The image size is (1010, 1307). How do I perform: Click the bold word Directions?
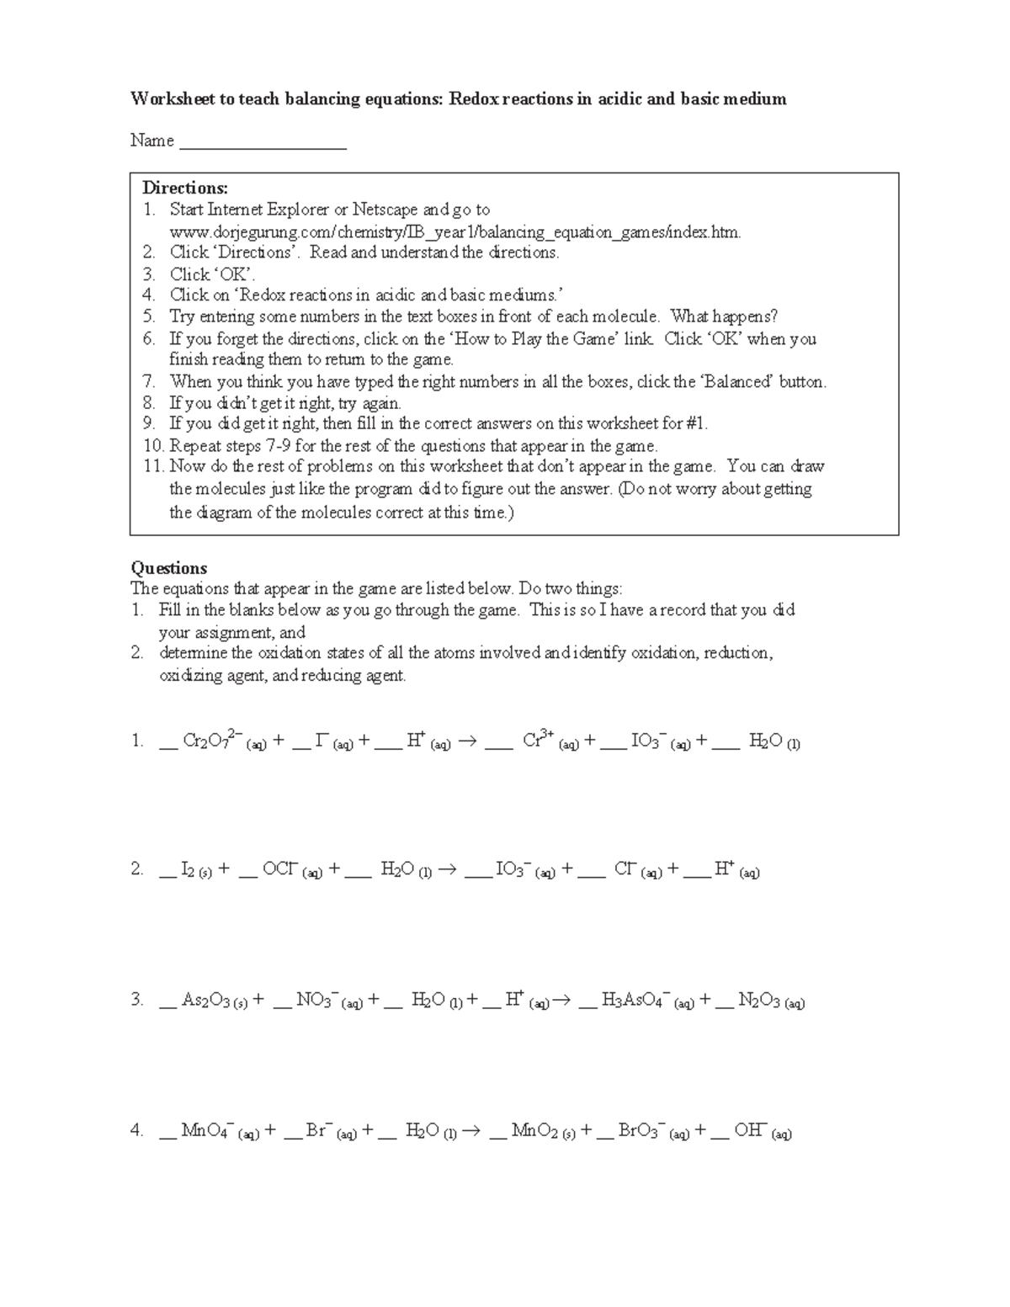tap(183, 188)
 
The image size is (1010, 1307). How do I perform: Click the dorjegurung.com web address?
tap(454, 231)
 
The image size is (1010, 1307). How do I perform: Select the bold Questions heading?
tap(169, 567)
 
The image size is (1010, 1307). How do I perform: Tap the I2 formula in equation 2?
tap(189, 870)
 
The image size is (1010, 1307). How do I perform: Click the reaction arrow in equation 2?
tap(447, 871)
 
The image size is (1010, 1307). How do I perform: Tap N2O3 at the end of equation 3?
tap(759, 1001)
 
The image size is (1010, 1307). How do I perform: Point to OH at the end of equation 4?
tap(749, 1131)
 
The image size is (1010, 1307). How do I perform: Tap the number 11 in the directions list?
tap(152, 467)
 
